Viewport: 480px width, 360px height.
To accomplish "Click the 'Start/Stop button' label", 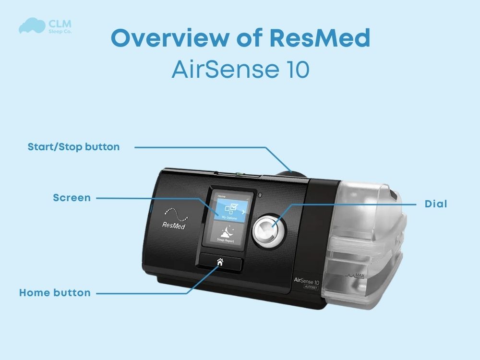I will point(73,147).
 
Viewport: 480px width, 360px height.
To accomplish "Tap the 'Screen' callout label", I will point(72,198).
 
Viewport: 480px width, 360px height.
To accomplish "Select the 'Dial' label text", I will point(436,204).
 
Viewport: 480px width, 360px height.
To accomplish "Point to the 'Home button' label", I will point(55,292).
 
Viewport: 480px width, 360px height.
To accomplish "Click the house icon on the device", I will point(220,262).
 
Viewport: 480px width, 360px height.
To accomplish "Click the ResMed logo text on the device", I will point(174,224).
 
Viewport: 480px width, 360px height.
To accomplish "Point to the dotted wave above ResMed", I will point(174,211).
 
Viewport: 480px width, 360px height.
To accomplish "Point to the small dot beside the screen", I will point(259,195).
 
